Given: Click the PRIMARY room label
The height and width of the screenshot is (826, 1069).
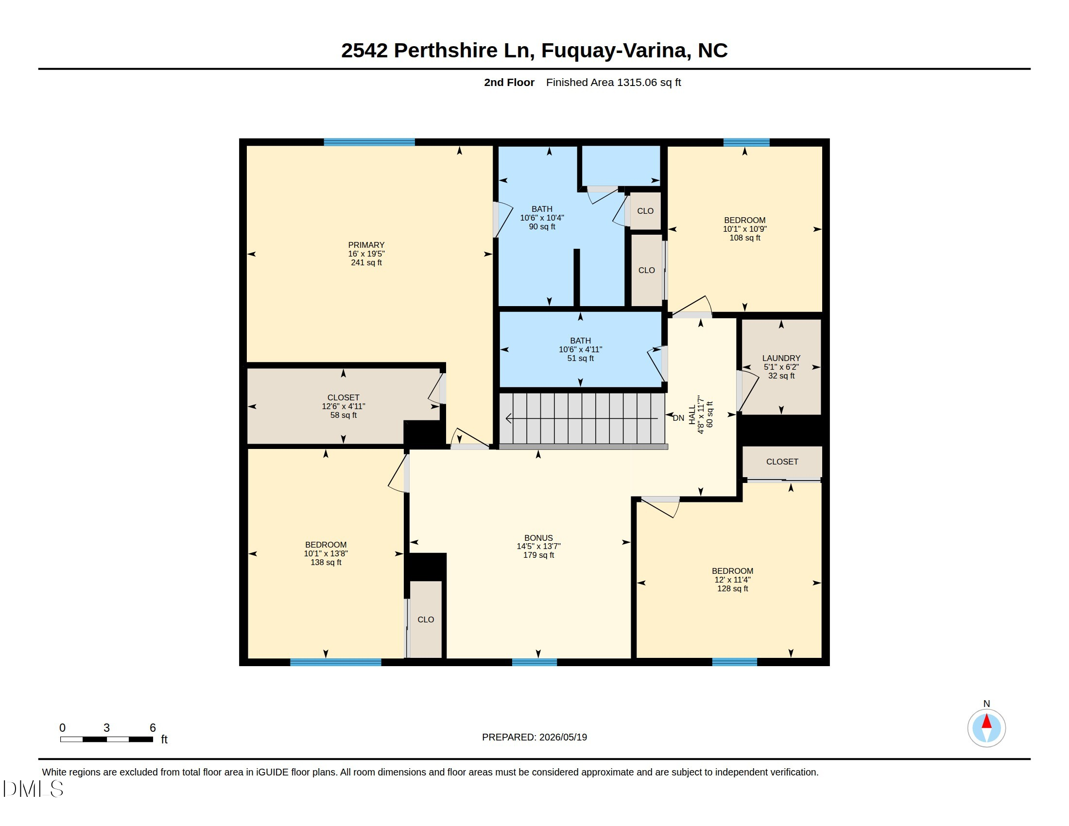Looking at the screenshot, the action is [x=366, y=245].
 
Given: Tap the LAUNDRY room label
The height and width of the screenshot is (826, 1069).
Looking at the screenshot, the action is [x=781, y=358].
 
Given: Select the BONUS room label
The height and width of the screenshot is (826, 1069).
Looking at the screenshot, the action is [x=538, y=538].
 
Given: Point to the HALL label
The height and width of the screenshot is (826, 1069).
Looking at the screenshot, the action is [x=692, y=414].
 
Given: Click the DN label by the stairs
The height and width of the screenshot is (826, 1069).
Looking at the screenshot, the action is [x=678, y=418].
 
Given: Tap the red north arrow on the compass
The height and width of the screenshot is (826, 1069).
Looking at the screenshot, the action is [x=987, y=721].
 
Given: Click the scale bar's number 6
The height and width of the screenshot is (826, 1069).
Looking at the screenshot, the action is [x=153, y=728].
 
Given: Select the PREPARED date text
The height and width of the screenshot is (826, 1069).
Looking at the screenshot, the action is [x=534, y=737].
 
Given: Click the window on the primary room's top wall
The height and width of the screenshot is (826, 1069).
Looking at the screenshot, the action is [x=369, y=142].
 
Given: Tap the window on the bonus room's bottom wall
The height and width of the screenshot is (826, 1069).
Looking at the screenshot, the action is [x=534, y=662].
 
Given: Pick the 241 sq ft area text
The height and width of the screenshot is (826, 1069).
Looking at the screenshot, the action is [x=366, y=262].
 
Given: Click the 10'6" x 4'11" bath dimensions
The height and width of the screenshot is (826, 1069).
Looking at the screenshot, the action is [x=581, y=349].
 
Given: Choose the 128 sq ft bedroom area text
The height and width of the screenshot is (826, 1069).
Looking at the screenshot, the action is [x=733, y=589].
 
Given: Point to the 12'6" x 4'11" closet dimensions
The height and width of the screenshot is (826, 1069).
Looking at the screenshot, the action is [x=343, y=406].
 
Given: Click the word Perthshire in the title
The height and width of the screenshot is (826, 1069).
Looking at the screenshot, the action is [x=446, y=51].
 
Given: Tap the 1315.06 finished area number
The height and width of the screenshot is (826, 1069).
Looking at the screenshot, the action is [x=637, y=82].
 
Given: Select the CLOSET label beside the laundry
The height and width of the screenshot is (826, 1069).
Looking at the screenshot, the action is [x=782, y=462].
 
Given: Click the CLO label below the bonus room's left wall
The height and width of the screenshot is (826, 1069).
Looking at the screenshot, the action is [x=426, y=619].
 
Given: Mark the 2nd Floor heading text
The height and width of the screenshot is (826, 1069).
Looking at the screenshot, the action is [x=509, y=82].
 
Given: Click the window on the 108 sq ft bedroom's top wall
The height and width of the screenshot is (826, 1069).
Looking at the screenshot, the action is [x=746, y=142].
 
